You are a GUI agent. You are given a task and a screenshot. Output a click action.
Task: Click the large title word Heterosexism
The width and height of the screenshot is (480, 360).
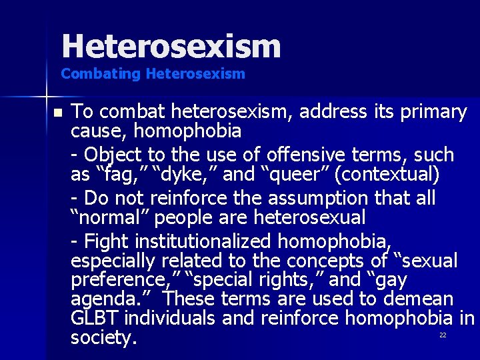[171, 47]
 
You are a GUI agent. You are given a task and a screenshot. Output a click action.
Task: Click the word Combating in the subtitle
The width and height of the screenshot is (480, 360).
[91, 74]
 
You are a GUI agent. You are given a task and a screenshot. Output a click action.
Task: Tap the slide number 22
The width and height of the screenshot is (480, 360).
[442, 335]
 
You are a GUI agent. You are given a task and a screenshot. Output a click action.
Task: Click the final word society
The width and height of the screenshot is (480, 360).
[103, 338]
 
